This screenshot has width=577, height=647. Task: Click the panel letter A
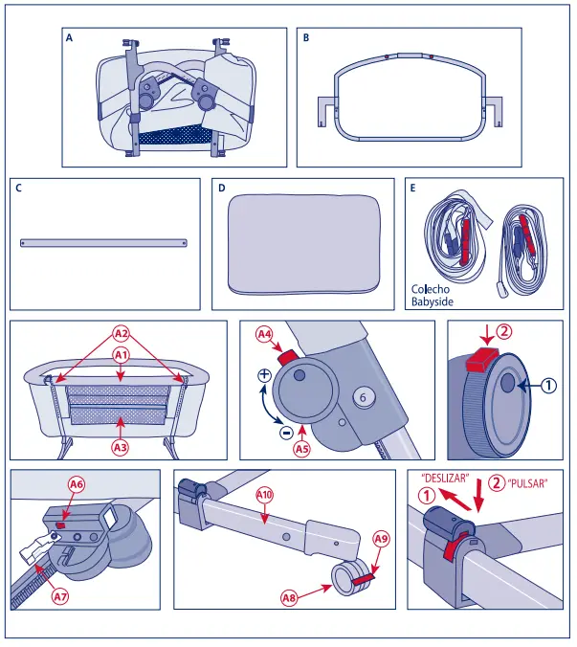coord(69,39)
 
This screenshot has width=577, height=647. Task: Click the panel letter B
coord(306,39)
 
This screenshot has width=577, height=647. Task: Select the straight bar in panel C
coord(103,242)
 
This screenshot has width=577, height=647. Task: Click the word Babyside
coord(433,301)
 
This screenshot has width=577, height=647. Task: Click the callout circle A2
coord(121,334)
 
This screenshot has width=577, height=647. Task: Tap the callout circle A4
coord(265,334)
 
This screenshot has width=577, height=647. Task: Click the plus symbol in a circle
coord(263,376)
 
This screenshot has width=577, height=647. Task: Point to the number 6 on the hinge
coord(363,394)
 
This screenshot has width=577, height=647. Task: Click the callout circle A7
coord(60,596)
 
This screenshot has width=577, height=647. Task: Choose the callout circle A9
coord(380,540)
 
